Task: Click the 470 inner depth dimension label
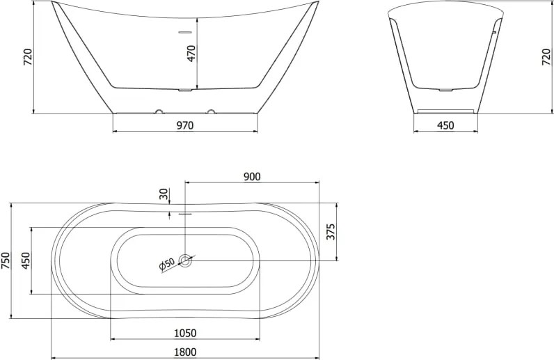click(x=191, y=54)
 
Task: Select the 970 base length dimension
click(x=185, y=125)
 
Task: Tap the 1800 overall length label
click(x=185, y=352)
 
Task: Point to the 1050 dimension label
click(x=185, y=333)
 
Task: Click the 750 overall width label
click(x=6, y=260)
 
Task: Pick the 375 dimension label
click(x=331, y=232)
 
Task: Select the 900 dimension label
click(x=252, y=176)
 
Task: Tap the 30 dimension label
click(x=164, y=194)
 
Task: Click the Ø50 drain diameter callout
click(x=167, y=264)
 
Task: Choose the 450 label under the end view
click(x=445, y=125)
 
